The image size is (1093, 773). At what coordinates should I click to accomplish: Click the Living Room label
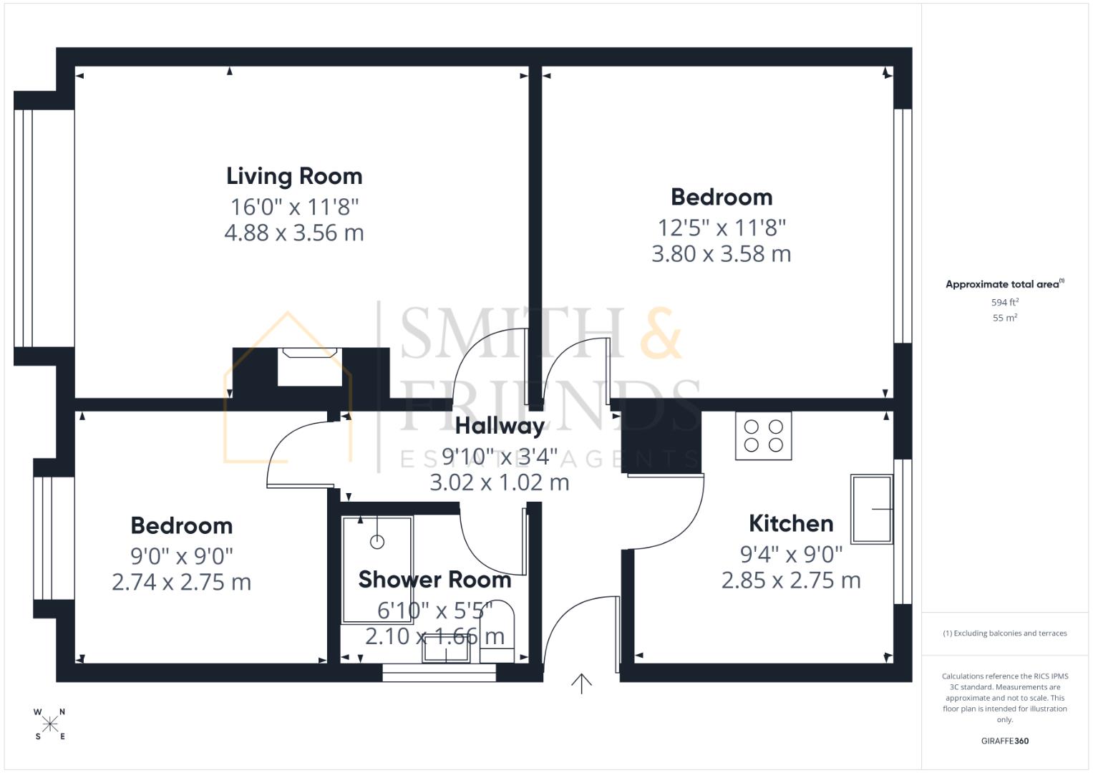click(294, 177)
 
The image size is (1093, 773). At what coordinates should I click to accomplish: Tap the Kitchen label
click(791, 524)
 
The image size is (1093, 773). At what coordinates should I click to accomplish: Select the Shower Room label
click(434, 580)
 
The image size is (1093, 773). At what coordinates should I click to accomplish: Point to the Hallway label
click(500, 427)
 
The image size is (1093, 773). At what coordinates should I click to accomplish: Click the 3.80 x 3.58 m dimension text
click(722, 254)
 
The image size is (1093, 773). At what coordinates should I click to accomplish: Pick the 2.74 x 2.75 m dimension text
click(182, 582)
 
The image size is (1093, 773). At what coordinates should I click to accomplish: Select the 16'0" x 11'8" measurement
click(294, 207)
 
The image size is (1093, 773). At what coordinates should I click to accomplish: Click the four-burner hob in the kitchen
click(763, 436)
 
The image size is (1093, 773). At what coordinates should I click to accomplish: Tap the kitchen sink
click(872, 509)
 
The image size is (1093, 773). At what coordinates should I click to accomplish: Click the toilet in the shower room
click(497, 631)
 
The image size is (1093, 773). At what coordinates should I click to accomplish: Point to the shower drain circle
click(377, 542)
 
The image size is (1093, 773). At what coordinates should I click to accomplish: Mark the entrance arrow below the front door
click(581, 684)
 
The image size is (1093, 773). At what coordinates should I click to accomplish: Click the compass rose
click(50, 724)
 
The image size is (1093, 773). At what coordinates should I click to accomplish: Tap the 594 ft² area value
click(1005, 302)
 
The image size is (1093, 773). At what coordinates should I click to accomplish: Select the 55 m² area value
click(1005, 318)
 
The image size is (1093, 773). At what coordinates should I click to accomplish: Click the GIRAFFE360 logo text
click(1005, 741)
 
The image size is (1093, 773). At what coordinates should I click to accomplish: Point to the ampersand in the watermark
click(661, 333)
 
